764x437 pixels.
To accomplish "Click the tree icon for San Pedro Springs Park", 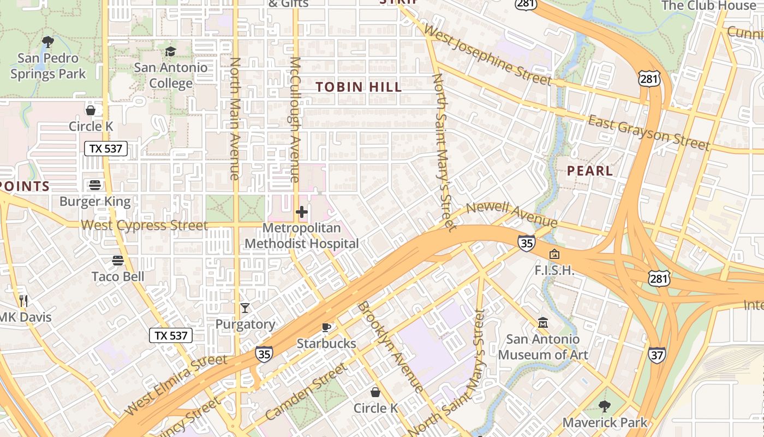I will tap(48, 42).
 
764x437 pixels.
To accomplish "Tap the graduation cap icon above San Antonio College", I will tap(171, 51).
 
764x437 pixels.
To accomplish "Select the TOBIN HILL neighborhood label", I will tap(359, 87).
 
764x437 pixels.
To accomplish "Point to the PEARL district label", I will tap(590, 171).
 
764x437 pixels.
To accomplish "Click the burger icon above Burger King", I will tap(95, 185).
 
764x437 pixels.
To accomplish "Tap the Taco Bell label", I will tap(118, 276).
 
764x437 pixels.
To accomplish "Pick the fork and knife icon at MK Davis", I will tap(23, 300).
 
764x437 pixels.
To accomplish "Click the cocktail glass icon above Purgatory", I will tap(245, 308).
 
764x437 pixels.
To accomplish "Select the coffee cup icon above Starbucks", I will tap(326, 327).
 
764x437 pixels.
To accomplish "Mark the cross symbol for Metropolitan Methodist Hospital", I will tap(302, 212).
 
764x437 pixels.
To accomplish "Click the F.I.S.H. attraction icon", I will tap(554, 254).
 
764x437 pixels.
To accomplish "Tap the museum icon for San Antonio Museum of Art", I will tap(542, 323).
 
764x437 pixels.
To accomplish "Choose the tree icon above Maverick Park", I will tap(604, 406).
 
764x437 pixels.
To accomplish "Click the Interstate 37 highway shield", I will tap(656, 355).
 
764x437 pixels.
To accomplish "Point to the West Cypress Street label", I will tap(144, 225).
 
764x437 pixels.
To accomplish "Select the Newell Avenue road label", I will tap(511, 214).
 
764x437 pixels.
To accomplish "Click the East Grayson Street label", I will tap(649, 133).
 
